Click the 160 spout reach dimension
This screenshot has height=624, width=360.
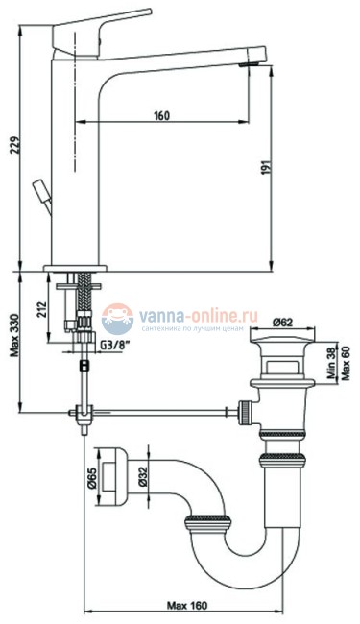(160, 116)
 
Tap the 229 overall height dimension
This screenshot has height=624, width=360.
(10, 144)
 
